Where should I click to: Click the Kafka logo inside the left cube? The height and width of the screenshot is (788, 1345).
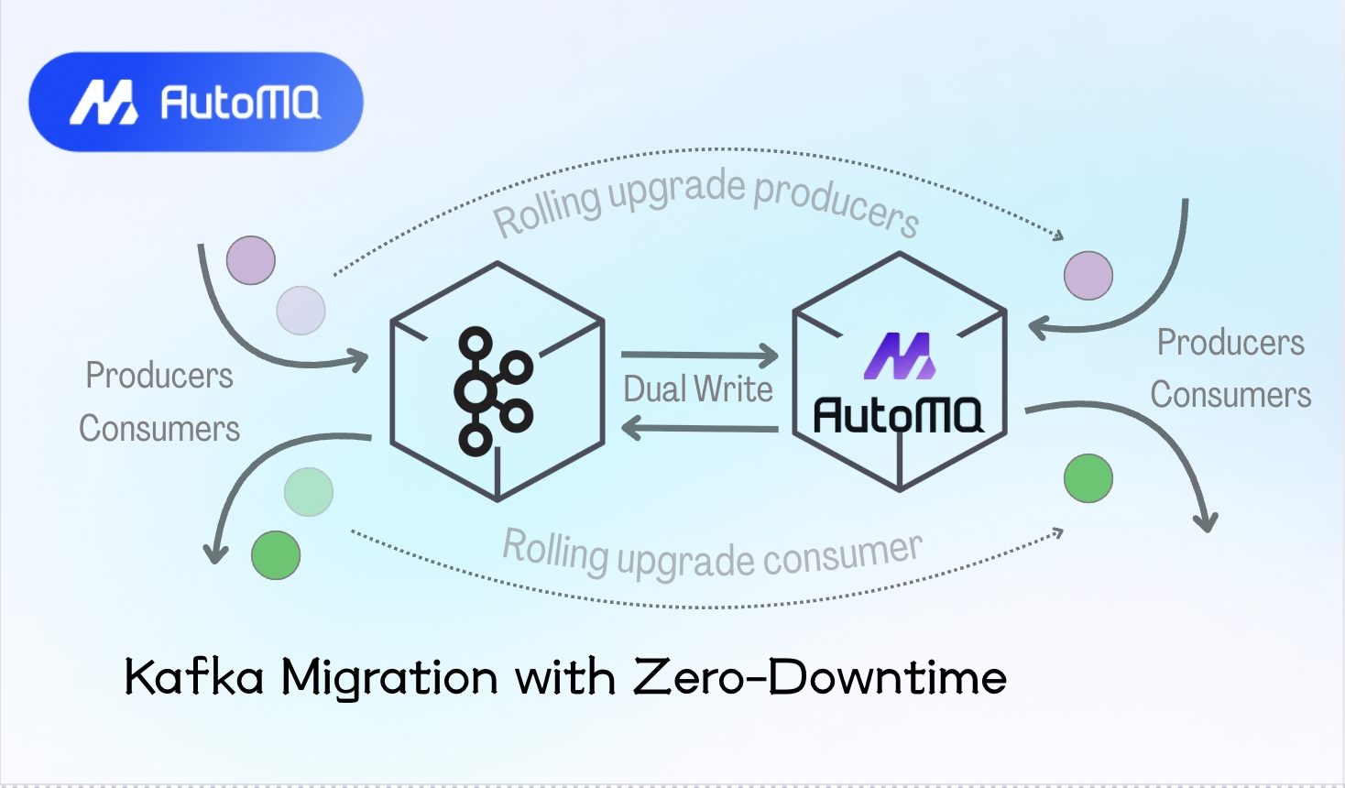click(x=493, y=392)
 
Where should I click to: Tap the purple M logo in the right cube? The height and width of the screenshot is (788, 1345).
click(x=900, y=356)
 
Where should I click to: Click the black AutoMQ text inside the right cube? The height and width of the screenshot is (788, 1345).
click(x=898, y=415)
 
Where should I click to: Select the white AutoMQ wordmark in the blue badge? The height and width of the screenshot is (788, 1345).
click(x=240, y=103)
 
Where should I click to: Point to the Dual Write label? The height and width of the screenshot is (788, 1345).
click(x=698, y=389)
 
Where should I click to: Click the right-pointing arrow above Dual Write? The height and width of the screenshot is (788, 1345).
click(x=699, y=355)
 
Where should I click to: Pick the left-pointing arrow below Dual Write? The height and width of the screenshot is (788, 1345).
click(x=699, y=427)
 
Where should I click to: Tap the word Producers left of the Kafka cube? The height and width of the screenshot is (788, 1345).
click(x=159, y=376)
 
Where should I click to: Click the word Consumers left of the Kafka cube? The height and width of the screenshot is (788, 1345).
click(x=159, y=429)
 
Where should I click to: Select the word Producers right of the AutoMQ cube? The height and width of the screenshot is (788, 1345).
click(x=1230, y=343)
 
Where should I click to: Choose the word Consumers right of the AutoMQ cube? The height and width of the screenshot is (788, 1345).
click(x=1230, y=395)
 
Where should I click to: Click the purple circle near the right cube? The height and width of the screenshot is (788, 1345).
click(x=1088, y=275)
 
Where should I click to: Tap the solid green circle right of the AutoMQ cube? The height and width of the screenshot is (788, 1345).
click(x=1088, y=478)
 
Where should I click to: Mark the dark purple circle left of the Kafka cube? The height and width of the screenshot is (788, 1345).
click(x=251, y=260)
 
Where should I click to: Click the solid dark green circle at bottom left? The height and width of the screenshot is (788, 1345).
click(x=276, y=555)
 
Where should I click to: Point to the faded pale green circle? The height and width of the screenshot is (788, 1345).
click(x=309, y=492)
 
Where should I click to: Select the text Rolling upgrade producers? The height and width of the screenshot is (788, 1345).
click(x=705, y=202)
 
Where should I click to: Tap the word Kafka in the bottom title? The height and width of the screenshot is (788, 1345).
click(x=194, y=678)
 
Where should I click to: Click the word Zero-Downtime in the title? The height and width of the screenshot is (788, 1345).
click(x=820, y=678)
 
